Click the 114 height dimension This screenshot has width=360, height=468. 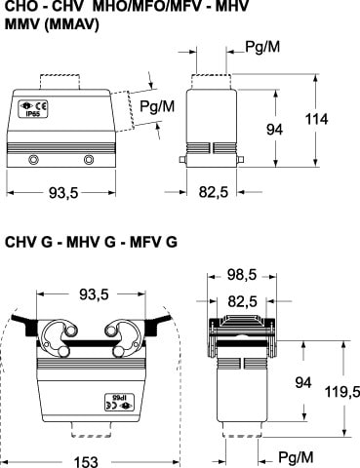(x=316, y=119)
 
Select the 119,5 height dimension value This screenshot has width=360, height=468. (x=342, y=392)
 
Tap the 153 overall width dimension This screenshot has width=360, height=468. (x=86, y=462)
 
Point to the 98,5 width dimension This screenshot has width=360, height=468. (x=242, y=275)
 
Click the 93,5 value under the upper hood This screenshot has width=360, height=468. (x=63, y=193)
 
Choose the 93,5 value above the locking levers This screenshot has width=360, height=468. (x=94, y=294)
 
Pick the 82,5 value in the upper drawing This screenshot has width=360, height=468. (x=214, y=192)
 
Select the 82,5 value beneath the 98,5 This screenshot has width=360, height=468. (x=242, y=301)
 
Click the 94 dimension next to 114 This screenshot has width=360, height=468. (x=275, y=130)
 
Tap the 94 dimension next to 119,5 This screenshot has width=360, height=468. (x=303, y=382)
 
